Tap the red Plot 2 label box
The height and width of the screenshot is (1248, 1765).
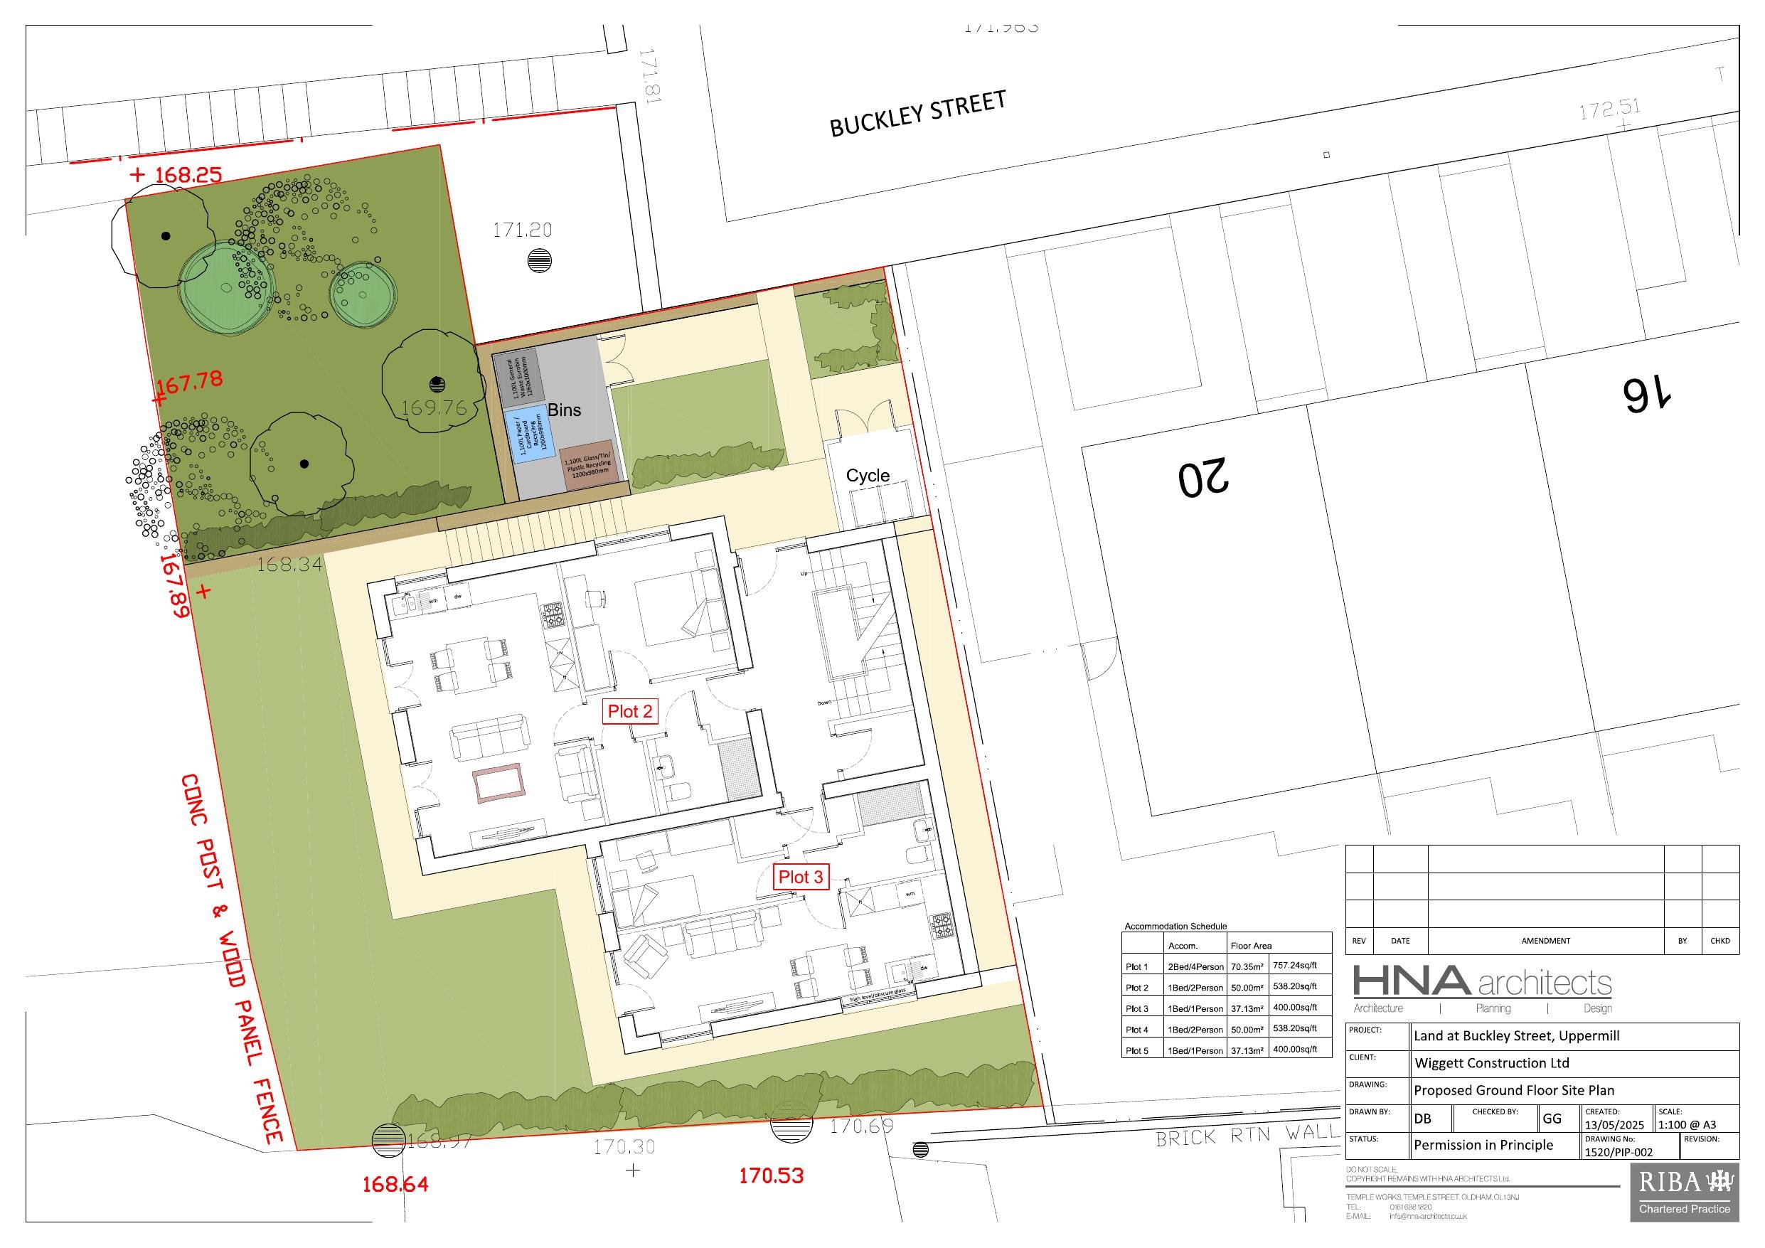tap(629, 711)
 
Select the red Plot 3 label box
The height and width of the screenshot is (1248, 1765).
tap(800, 877)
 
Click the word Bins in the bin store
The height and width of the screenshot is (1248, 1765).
tap(564, 410)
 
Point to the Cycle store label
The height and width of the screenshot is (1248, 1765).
tap(867, 475)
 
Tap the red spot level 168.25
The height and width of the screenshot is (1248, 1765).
tap(188, 174)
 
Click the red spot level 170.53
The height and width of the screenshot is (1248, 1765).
tap(771, 1175)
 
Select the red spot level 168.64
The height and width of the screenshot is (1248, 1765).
tap(395, 1184)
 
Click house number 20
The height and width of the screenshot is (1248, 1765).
tap(1203, 476)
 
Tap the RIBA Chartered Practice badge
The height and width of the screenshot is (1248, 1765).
tap(1683, 1193)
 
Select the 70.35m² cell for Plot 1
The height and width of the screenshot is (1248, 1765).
tap(1247, 966)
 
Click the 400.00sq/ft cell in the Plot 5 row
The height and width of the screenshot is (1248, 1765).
tap(1296, 1050)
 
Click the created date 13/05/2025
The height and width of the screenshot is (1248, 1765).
tap(1614, 1125)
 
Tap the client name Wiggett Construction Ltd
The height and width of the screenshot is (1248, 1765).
tap(1491, 1063)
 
